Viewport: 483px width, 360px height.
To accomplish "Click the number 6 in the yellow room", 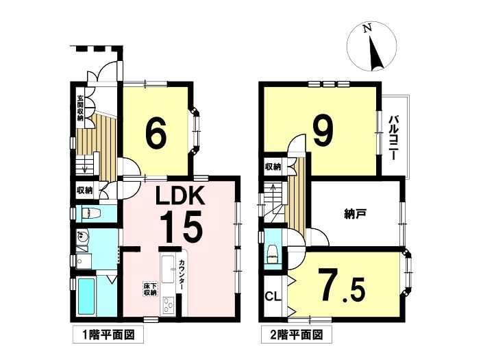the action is coord(156,133).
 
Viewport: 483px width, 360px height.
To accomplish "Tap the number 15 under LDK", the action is coord(181,226).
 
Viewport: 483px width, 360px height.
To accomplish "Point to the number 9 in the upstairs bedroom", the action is coord(323,131).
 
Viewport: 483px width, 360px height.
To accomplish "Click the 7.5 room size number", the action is coord(342,285).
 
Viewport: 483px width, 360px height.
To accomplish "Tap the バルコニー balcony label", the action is coord(392,138).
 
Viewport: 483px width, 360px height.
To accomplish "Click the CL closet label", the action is coord(273,297).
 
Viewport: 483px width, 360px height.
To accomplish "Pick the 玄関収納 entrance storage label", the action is coord(80,108).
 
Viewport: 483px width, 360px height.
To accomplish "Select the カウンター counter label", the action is coord(182,275).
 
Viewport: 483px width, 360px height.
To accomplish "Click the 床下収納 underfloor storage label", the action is coord(150,289).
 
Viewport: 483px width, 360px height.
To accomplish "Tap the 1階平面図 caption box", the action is coord(108,335).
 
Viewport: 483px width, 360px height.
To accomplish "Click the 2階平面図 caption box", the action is coord(297,335).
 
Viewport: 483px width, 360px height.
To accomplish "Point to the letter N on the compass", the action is coord(367,29).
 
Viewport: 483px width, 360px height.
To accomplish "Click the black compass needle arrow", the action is coord(376,52).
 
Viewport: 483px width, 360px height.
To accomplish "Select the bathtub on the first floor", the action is coord(86,296).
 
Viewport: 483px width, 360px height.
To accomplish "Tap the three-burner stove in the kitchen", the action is coord(168,305).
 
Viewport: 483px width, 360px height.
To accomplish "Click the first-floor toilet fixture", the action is coord(90,213).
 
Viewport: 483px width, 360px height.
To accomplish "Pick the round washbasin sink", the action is coord(82,237).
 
